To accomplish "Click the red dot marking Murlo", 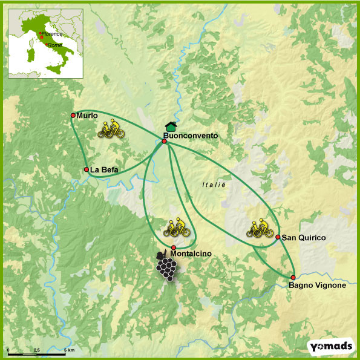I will [x=73, y=115].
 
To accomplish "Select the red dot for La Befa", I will [x=87, y=169].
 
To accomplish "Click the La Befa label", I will [x=105, y=170].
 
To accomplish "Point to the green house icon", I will [x=171, y=126].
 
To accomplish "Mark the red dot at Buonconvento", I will [x=164, y=141].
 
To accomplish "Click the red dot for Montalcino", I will [x=174, y=247].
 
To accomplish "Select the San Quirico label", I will [x=304, y=238].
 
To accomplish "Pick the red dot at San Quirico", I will [x=278, y=237].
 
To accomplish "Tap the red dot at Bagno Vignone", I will [x=293, y=277].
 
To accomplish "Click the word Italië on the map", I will [x=214, y=185].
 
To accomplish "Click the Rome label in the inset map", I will [x=54, y=45].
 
